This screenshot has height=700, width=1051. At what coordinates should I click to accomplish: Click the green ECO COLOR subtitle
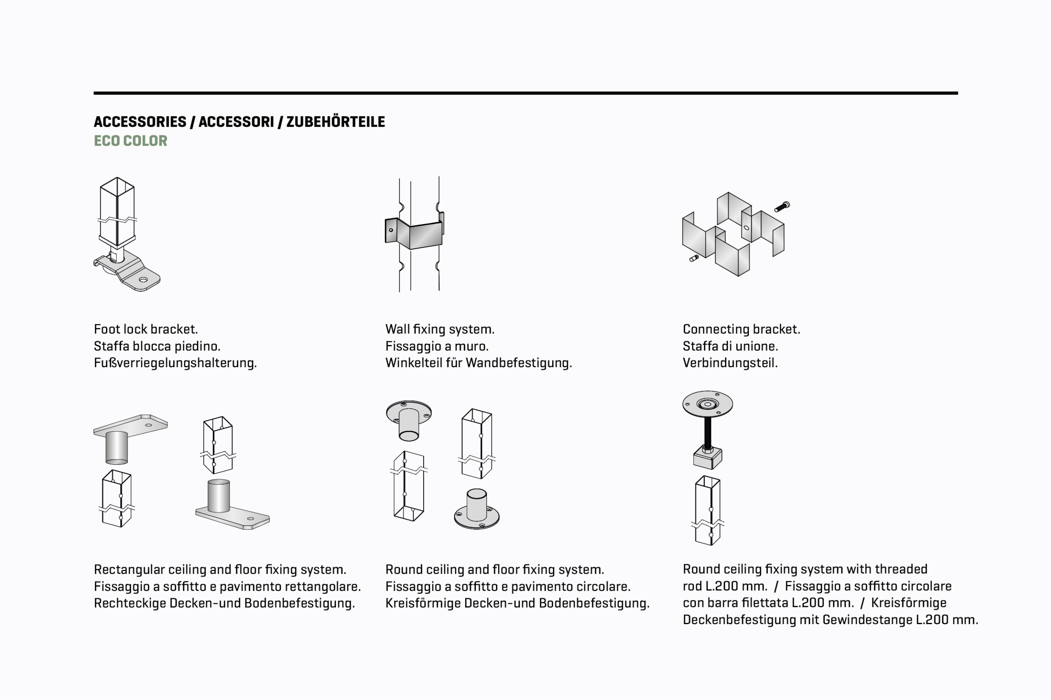(131, 141)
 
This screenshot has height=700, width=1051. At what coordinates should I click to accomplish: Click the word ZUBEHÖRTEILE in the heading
(335, 122)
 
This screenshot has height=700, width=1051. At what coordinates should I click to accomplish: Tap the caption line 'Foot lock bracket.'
(146, 329)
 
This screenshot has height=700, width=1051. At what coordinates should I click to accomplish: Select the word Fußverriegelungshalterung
(175, 363)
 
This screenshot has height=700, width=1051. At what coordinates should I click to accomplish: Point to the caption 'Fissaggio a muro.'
(437, 346)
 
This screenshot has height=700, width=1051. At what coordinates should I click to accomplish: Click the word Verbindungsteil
(730, 363)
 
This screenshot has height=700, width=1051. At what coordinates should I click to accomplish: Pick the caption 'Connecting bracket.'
(741, 329)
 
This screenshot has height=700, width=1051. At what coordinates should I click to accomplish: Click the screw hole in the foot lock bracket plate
(143, 279)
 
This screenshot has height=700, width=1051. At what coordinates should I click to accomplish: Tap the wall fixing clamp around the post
(415, 233)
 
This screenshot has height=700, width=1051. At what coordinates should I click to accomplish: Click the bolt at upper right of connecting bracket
(782, 207)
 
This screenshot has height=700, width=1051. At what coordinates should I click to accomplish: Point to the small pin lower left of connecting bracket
(694, 258)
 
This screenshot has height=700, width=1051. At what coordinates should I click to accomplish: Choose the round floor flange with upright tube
(477, 511)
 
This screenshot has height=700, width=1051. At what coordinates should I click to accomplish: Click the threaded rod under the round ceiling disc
(707, 432)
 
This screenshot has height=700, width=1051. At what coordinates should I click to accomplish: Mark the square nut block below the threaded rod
(707, 457)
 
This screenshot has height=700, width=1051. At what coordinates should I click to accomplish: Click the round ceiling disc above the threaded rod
(707, 404)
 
